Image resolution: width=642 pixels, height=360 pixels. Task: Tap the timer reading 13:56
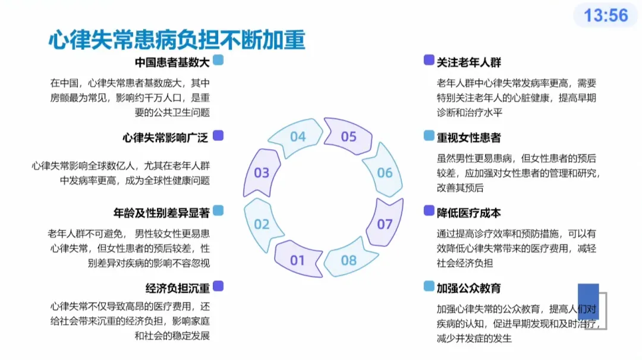[606, 15]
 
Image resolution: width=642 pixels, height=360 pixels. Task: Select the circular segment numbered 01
[297, 260]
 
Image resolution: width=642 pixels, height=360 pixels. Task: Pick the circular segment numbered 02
[262, 224]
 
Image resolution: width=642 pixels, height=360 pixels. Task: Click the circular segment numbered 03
[262, 173]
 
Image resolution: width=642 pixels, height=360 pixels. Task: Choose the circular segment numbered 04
[297, 137]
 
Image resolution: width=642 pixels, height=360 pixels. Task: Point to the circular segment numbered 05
[348, 137]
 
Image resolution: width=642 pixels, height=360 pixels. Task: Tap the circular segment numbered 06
[385, 172]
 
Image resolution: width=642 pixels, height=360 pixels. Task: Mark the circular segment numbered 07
[385, 224]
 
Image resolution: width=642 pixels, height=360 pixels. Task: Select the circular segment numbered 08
[349, 260]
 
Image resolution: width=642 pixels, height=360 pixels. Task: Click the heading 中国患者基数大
[172, 62]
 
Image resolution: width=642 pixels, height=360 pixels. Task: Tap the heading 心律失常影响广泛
[166, 138]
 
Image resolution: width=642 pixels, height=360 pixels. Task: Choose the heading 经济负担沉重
[178, 288]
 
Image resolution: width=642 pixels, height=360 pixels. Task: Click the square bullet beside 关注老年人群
[429, 60]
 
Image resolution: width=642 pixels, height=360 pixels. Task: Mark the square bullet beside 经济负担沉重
[218, 286]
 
